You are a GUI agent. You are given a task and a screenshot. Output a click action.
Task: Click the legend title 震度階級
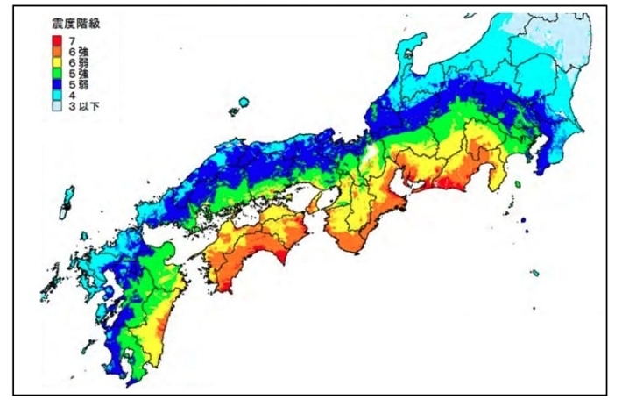[x=74, y=25]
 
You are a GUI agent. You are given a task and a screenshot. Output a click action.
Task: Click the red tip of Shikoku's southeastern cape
[x=286, y=260]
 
